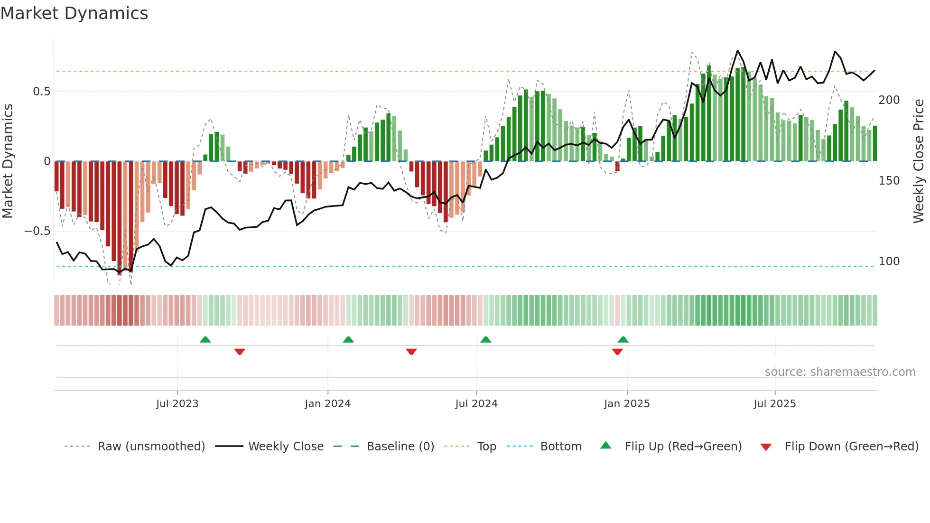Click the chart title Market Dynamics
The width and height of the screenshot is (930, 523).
[x=74, y=13]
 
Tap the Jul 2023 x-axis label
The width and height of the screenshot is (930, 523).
[x=177, y=404]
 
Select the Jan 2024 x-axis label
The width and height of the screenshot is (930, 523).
[x=327, y=404]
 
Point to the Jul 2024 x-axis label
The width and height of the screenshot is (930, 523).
[x=476, y=404]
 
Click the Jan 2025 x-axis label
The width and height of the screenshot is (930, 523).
[x=627, y=404]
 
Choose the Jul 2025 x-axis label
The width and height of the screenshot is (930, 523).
[x=775, y=404]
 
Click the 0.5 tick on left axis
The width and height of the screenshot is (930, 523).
[x=41, y=92]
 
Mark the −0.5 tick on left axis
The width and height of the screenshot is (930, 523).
[x=37, y=231]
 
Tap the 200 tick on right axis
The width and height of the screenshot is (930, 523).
[x=889, y=100]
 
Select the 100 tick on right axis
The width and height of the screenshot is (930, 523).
[x=889, y=261]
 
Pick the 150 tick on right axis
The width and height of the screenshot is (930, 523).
[x=889, y=181]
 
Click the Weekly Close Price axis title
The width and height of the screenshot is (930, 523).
[x=919, y=161]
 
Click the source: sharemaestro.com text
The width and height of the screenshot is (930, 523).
[x=840, y=372]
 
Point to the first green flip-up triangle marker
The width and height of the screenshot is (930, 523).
[x=205, y=340]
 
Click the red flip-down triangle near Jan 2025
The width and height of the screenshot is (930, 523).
[x=617, y=352]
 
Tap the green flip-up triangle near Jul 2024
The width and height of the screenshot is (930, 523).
[x=485, y=340]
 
